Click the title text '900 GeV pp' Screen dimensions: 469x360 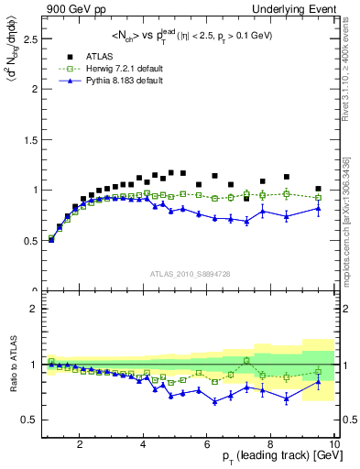(x=69, y=8)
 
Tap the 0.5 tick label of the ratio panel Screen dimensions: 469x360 (x=29, y=420)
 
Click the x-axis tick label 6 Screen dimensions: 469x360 (x=207, y=444)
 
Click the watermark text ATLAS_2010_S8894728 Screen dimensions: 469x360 (x=189, y=273)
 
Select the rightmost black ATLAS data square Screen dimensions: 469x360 (x=318, y=189)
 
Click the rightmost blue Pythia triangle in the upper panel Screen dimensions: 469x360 (x=318, y=209)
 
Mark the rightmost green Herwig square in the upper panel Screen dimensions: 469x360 (x=318, y=197)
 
